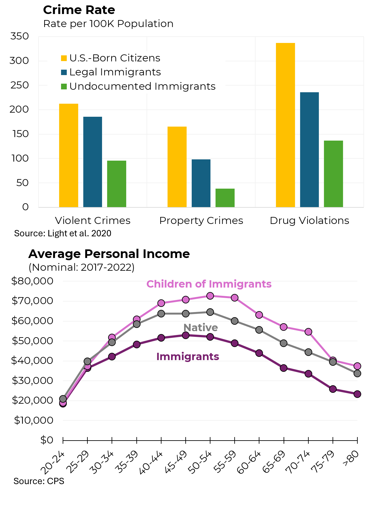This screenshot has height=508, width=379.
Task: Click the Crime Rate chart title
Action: coord(79,10)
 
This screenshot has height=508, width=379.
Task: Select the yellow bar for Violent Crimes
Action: coord(69,155)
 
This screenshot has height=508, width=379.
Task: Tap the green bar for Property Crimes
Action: coord(225,198)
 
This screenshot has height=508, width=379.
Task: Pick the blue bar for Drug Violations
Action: coord(309,150)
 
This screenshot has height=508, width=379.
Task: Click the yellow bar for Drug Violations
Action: coord(285,125)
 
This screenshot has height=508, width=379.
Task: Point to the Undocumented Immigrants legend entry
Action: coord(138,87)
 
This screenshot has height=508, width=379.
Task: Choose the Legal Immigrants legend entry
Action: coord(111,72)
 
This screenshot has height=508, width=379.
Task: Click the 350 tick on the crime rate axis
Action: coord(20,36)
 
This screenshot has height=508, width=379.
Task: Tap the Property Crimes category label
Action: coord(201,220)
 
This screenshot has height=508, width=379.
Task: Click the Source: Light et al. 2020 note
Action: coord(63,233)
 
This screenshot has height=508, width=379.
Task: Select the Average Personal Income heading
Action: coord(109,254)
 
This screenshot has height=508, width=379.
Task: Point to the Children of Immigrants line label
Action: coord(209,284)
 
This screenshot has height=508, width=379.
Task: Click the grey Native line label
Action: coord(201,328)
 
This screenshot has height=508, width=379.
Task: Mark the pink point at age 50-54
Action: coord(210,296)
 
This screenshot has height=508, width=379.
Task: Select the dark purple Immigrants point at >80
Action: coord(357,394)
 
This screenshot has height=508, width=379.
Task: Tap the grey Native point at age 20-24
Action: coord(63,399)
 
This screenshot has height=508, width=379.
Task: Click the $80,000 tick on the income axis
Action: coord(32,281)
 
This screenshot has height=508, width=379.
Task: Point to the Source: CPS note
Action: coord(39,481)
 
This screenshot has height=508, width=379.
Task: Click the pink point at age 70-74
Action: coord(308,332)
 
